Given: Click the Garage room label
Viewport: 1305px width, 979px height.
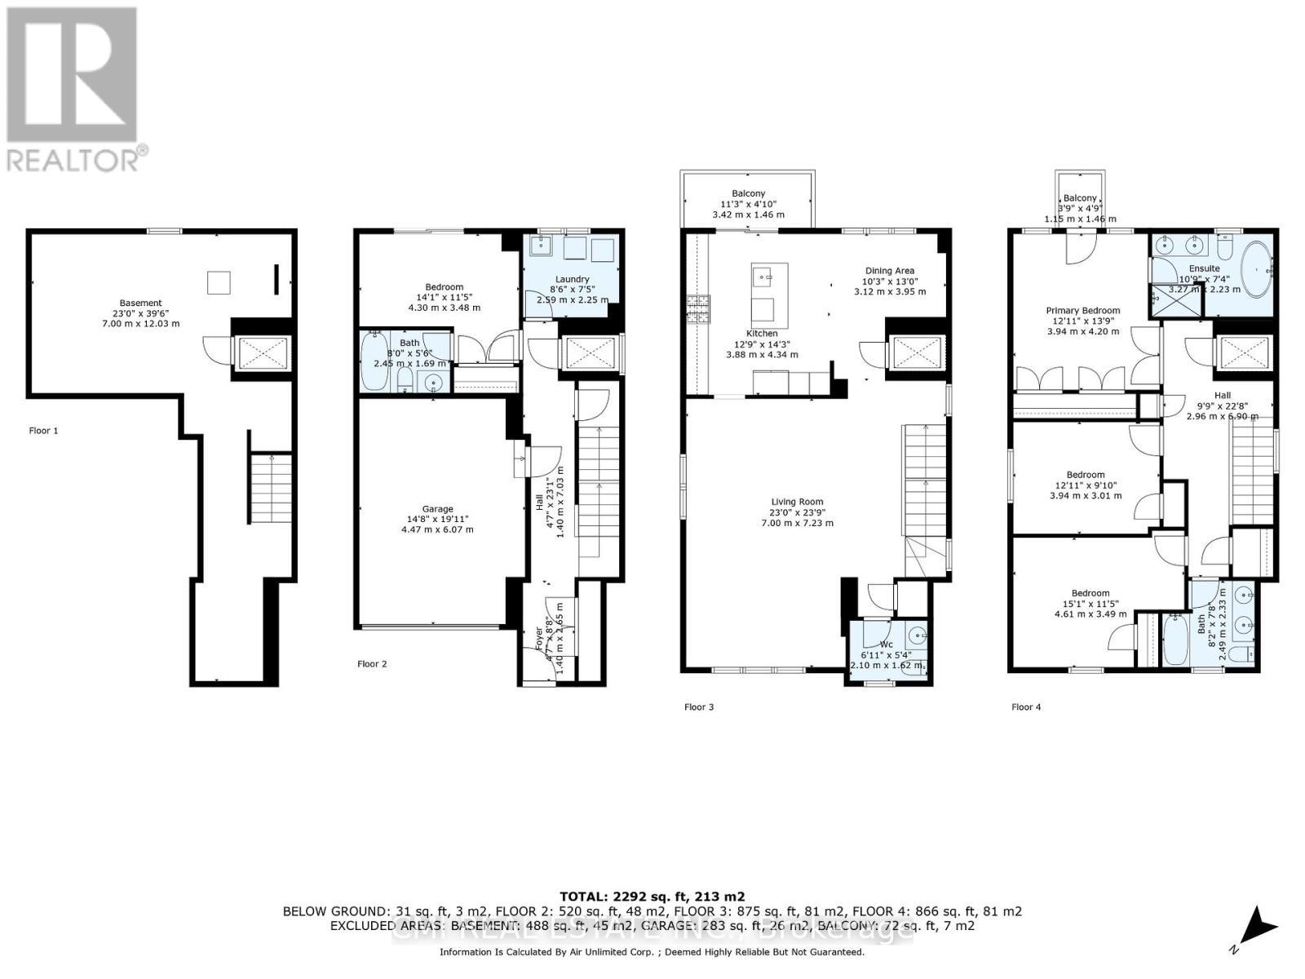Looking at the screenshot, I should [x=437, y=509].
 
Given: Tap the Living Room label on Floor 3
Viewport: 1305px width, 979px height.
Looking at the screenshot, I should [x=797, y=503].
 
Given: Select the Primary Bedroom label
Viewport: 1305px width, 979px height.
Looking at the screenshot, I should [x=1082, y=310].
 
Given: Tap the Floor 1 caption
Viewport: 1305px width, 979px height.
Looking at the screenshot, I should [x=43, y=431].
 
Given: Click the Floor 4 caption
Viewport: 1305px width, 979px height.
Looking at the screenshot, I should [x=1026, y=707].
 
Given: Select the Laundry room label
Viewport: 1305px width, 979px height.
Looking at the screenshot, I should [x=573, y=279].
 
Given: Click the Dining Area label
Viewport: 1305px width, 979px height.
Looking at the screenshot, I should [x=889, y=270].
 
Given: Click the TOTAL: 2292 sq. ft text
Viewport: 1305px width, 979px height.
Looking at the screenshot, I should [x=652, y=896].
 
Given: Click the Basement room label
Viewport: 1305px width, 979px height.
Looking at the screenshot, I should [x=140, y=303].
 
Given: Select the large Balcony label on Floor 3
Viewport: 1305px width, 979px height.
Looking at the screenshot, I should [x=748, y=193].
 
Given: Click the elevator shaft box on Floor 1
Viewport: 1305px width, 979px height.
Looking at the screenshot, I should [x=259, y=352].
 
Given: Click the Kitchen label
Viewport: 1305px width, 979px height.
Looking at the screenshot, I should [x=761, y=334].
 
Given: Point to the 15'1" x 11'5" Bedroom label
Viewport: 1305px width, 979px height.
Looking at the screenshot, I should [x=1090, y=593].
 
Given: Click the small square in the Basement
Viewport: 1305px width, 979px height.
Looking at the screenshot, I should [x=218, y=282].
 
